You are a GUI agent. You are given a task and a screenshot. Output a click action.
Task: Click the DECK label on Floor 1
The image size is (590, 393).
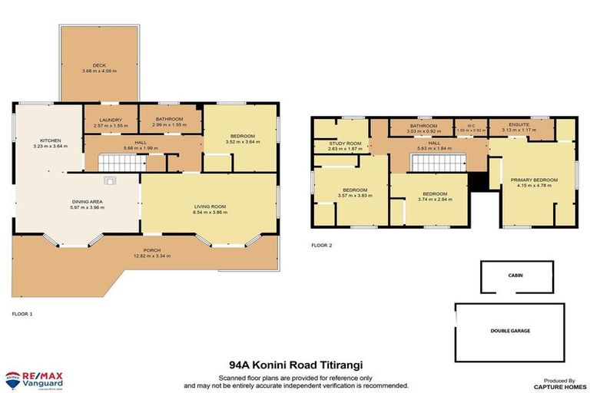tap(98, 64)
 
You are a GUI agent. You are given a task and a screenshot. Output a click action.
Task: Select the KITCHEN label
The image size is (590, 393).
tap(51, 140)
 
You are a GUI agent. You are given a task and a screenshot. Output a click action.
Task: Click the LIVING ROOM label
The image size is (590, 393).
tap(208, 204)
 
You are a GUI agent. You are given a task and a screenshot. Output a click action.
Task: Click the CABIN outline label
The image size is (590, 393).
tap(515, 274)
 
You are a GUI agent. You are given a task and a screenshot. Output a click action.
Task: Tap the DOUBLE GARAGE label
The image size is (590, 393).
tap(511, 330)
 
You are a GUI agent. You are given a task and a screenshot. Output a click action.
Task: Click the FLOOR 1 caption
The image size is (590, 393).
tap(22, 314)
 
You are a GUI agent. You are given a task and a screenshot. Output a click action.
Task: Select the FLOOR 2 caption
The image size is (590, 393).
tap(321, 246)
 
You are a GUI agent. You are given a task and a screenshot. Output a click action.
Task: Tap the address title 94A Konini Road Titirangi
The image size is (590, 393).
tap(295, 366)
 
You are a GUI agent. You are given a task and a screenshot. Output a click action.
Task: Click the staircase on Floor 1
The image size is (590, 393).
tap(122, 162)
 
